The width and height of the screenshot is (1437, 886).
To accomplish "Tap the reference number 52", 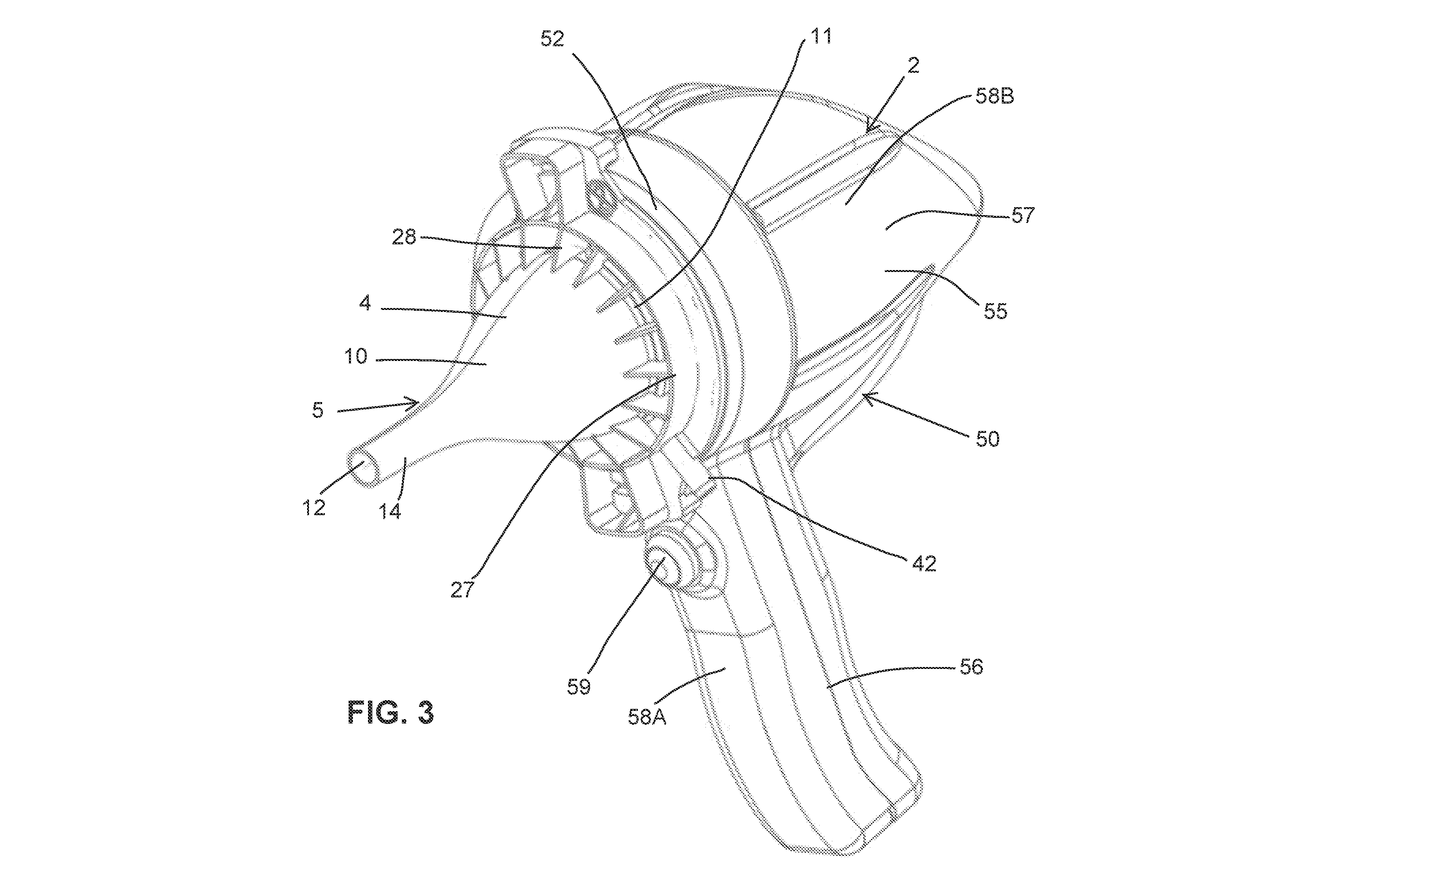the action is tap(552, 39).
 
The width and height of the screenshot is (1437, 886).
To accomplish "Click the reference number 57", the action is tap(1023, 215).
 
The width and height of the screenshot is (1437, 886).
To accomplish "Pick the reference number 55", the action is tap(996, 311).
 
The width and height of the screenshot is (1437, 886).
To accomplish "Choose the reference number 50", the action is tap(987, 439).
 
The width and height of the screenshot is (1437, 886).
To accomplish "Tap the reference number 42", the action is tap(924, 564).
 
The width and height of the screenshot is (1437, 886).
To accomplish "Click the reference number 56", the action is tap(971, 666).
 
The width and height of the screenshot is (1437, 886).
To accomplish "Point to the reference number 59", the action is tap(579, 686).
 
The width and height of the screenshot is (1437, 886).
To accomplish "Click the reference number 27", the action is tap(462, 589).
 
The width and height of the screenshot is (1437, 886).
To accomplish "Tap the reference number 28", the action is tap(404, 237).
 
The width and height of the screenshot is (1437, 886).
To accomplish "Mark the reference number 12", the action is tap(314, 508).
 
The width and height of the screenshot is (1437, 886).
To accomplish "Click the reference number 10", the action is tap(355, 356).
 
